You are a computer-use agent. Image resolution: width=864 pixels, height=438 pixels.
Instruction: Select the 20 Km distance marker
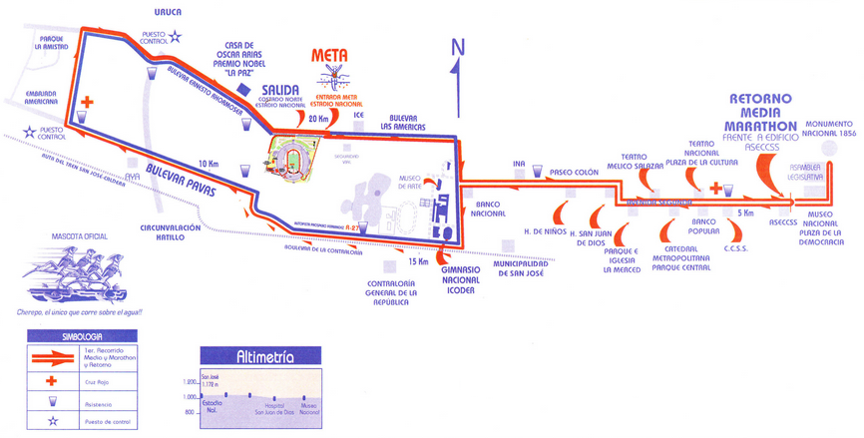coord(318,119)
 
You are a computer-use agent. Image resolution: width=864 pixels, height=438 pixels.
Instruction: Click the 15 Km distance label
coord(417,261)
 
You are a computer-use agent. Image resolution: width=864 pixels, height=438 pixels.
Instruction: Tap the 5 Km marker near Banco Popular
coord(744,213)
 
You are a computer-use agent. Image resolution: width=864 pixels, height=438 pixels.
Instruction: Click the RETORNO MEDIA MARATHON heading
coord(761,113)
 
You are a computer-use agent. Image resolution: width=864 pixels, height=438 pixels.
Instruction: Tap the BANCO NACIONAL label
coord(488,208)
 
